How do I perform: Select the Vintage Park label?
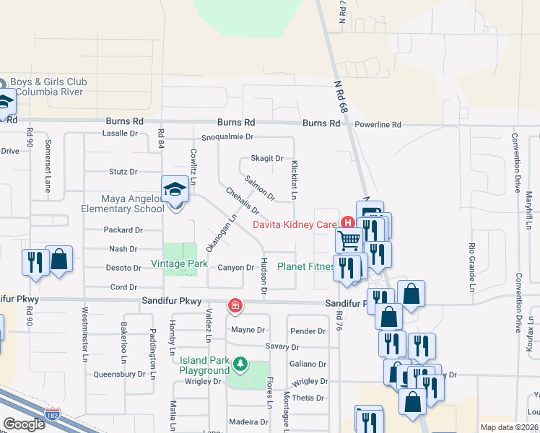click(x=179, y=264)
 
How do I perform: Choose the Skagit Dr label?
click(x=266, y=158)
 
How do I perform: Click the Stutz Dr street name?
click(x=123, y=172)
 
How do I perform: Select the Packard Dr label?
click(x=123, y=230)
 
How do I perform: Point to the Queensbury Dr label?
click(x=120, y=375)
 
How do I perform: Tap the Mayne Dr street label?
click(x=248, y=331)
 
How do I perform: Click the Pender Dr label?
click(x=308, y=331)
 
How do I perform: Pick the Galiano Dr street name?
click(x=308, y=364)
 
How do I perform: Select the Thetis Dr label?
click(x=308, y=398)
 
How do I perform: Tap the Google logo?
click(x=24, y=424)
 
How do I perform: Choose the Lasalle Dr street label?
click(x=120, y=134)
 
